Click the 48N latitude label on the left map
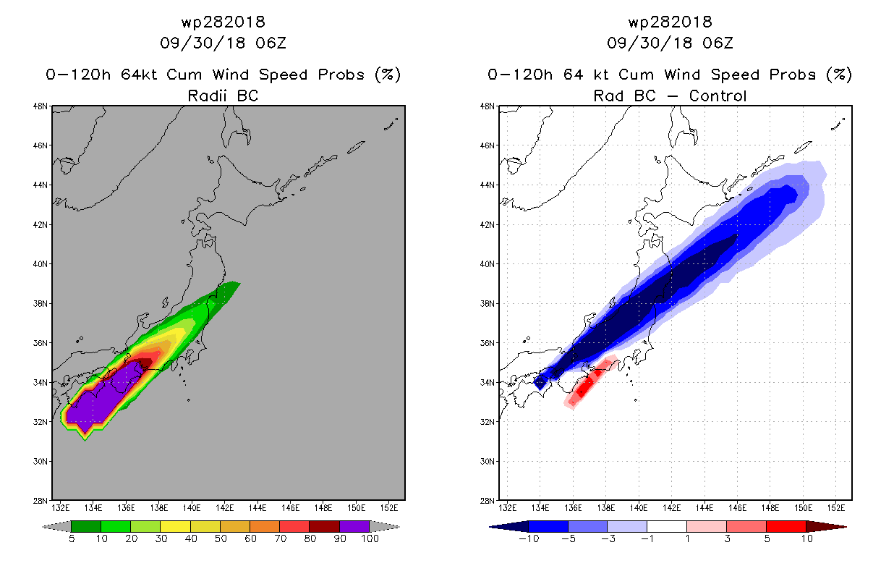pos(40,106)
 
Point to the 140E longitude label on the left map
pos(192,508)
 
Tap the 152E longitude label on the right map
pos(835,508)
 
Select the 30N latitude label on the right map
pos(487,462)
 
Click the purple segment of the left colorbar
pos(354,526)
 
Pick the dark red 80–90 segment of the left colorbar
pos(325,526)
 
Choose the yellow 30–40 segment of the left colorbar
pos(176,526)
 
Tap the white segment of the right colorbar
pos(667,526)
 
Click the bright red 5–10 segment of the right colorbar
pos(786,526)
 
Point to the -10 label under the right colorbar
pos(529,538)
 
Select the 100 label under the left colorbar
pos(370,538)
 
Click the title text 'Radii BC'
pos(223,96)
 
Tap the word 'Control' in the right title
pos(718,96)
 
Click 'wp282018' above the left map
pos(223,22)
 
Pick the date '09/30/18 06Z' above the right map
pos(670,43)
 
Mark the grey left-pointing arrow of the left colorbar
pos(56,527)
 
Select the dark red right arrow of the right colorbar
pos(826,527)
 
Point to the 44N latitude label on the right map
pos(487,185)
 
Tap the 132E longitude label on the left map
pos(60,508)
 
